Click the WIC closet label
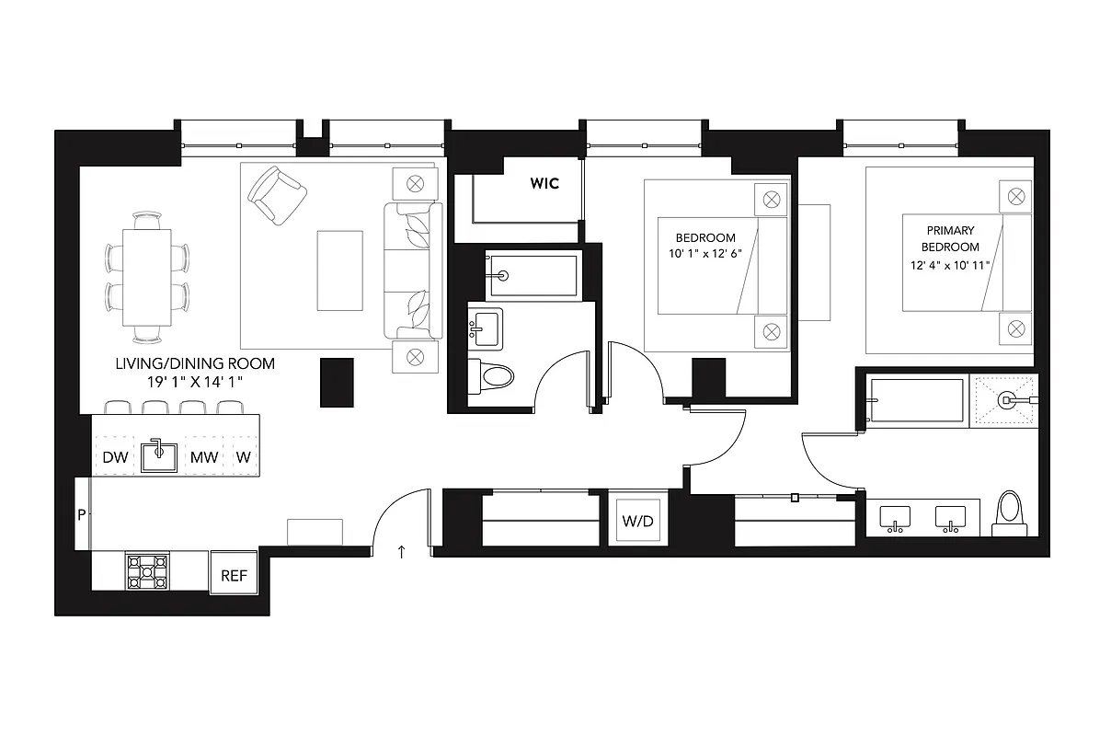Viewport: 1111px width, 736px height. click(544, 184)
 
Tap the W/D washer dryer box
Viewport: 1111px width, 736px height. click(637, 522)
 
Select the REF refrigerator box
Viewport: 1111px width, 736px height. click(234, 576)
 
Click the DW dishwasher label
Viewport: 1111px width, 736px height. click(115, 456)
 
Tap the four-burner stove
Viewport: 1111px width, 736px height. click(147, 570)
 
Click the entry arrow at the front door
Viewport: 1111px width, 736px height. click(401, 552)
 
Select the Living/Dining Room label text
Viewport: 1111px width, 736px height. click(194, 363)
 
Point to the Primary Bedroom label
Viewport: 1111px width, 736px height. click(951, 238)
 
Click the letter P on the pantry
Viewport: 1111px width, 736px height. click(81, 515)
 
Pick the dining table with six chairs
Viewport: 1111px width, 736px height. click(147, 276)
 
